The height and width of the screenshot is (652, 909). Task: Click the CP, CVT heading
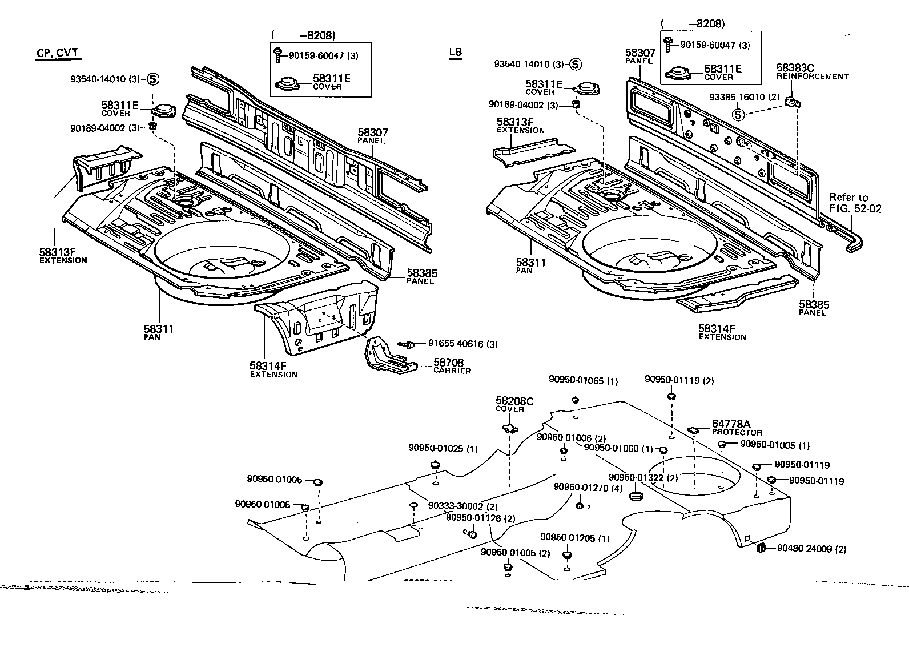(x=58, y=54)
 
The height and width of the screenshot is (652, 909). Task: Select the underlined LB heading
(x=455, y=53)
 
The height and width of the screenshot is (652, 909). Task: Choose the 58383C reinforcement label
(x=795, y=69)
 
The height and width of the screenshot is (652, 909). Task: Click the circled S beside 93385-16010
(x=738, y=114)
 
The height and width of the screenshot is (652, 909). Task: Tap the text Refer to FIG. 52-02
(x=855, y=203)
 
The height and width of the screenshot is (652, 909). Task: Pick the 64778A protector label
(x=731, y=424)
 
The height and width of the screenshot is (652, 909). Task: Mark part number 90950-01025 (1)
(x=443, y=448)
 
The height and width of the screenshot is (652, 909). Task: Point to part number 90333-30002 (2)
(x=463, y=506)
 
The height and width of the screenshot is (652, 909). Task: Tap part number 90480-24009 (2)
(x=811, y=549)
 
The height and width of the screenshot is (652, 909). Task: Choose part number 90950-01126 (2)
(x=480, y=518)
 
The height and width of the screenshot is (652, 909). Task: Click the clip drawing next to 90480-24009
(x=761, y=548)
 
